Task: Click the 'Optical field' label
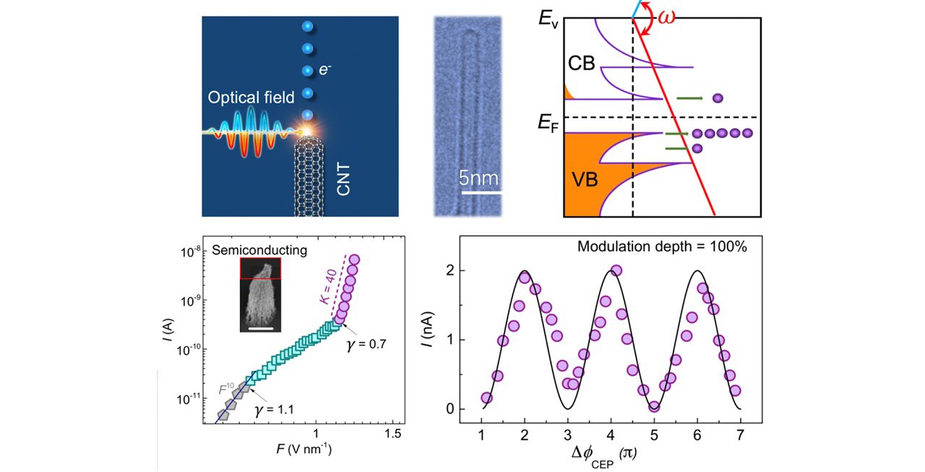tap(251, 97)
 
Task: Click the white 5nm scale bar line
tap(481, 192)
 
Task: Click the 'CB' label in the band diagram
tap(581, 64)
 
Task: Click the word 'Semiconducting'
tap(260, 250)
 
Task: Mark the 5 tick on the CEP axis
tap(653, 433)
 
